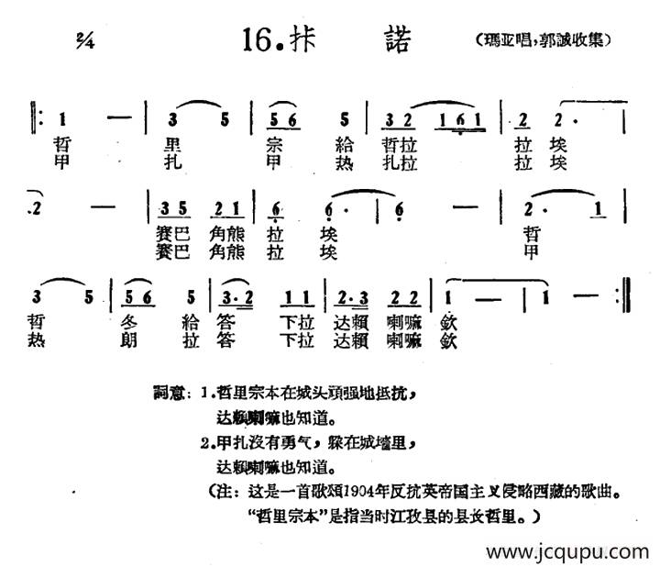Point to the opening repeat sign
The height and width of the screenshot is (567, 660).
tap(38, 119)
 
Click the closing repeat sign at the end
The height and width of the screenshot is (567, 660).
tap(623, 297)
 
